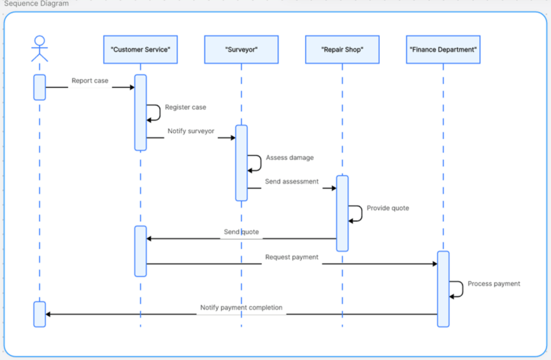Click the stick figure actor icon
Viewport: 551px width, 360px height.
point(39,48)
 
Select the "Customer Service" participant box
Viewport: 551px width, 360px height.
point(140,50)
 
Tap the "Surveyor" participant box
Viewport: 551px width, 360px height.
point(241,50)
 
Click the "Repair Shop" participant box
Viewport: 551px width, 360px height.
point(342,50)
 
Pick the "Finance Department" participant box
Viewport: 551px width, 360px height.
point(443,50)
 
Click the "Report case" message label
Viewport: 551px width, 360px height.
point(90,81)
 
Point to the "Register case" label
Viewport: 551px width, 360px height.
point(185,108)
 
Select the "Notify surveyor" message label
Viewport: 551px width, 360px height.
point(191,131)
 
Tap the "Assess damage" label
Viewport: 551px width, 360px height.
point(289,157)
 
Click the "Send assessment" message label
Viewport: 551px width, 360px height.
point(292,182)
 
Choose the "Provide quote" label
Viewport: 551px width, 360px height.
point(387,208)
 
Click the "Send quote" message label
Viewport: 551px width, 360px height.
point(241,232)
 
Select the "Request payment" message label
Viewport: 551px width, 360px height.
point(292,257)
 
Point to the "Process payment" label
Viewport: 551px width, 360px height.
point(494,284)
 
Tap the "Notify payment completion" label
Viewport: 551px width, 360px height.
point(241,308)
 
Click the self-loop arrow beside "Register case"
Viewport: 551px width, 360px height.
point(155,113)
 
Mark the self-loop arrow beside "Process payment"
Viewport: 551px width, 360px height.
point(459,289)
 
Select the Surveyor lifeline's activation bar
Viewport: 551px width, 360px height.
point(241,163)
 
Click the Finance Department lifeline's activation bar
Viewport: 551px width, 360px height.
point(443,289)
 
